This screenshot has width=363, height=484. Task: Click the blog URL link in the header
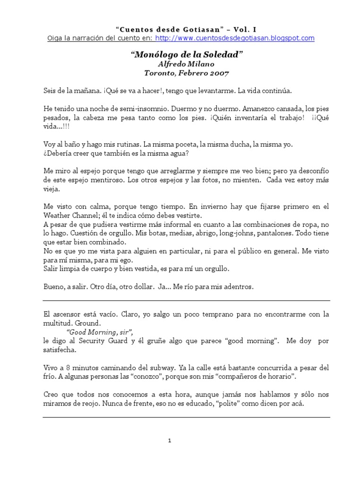coord(234,38)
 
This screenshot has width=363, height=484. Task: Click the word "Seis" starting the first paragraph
coord(50,90)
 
